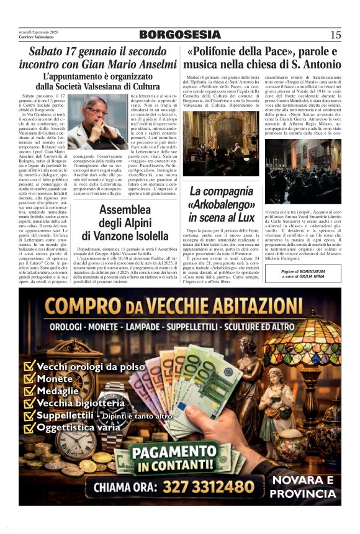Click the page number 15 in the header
(335, 35)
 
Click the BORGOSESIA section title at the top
(179, 35)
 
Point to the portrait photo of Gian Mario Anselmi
(96, 122)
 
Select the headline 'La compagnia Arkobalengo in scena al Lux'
(222, 204)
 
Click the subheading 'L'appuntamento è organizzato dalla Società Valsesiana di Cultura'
(97, 81)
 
